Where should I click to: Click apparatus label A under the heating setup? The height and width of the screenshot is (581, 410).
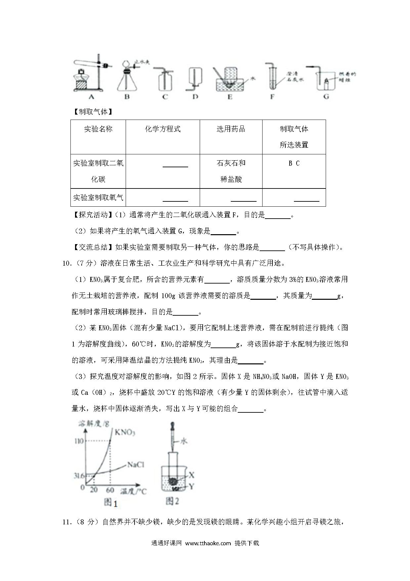(x=92, y=96)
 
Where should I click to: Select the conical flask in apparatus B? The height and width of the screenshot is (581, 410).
(x=127, y=81)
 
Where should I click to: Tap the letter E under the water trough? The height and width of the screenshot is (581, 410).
(x=229, y=96)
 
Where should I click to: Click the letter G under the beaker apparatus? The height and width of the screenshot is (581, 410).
(x=326, y=96)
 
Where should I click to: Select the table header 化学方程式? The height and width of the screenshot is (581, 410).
(x=163, y=129)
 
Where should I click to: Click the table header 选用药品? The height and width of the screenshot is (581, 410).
(x=231, y=129)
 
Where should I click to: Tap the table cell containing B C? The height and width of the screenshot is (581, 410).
(x=294, y=163)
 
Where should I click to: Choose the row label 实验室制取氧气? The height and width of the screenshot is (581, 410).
(x=98, y=198)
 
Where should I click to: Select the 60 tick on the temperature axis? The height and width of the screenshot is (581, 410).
(x=110, y=490)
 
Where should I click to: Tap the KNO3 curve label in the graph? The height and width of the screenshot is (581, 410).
(x=125, y=432)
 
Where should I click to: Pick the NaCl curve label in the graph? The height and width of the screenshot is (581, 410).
(x=136, y=464)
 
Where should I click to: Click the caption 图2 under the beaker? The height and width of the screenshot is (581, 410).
(x=172, y=502)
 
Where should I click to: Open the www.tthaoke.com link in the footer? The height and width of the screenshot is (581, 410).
(x=208, y=543)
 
